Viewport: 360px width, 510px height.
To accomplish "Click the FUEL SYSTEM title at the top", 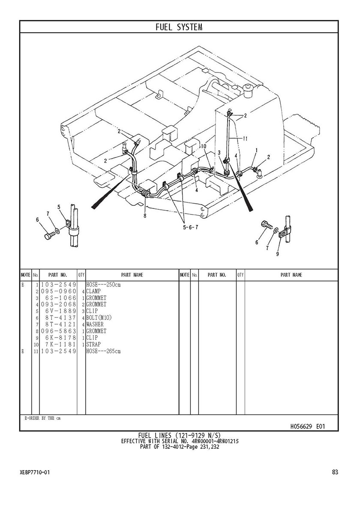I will coord(179,27).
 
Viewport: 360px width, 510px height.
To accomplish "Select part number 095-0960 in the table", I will coord(59,291).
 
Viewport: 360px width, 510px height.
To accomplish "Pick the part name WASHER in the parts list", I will coord(95,324).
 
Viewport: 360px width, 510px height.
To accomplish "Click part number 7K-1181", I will coord(60,344).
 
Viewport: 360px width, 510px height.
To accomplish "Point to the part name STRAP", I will coord(93,344).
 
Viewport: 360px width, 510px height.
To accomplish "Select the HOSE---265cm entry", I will coord(103,351).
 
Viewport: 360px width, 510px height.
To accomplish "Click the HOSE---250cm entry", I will coord(103,285).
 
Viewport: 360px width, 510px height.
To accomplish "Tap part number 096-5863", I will coord(59,331).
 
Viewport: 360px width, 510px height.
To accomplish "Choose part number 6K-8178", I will coord(60,338).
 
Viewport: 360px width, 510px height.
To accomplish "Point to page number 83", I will coord(335,472).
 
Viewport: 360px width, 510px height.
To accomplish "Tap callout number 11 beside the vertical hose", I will coord(246,139).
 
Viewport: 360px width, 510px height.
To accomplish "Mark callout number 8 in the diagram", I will coord(145,216).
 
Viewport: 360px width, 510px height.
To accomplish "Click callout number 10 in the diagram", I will coord(203,146).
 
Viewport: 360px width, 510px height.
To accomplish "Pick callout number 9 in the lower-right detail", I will coord(277,254).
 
